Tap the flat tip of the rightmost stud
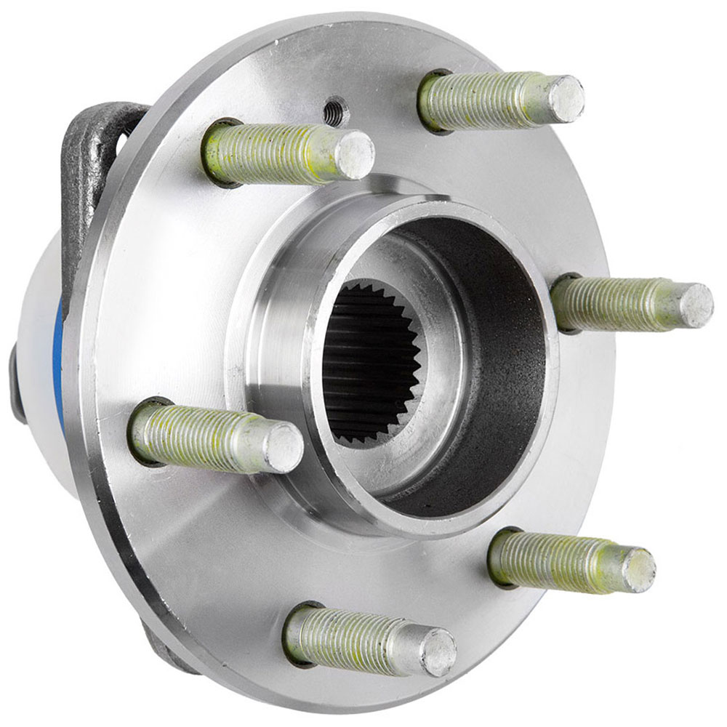click(695, 305)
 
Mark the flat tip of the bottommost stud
click(438, 651)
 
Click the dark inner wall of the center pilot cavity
click(502, 363)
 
